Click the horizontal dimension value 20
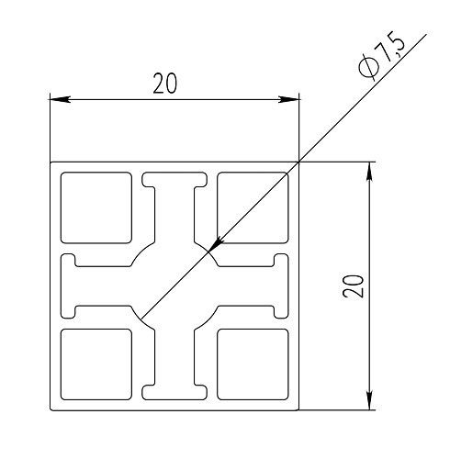[164, 84]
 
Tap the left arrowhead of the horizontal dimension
[60, 99]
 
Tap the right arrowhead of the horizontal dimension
[288, 99]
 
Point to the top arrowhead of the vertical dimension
[370, 173]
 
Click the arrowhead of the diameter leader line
[215, 244]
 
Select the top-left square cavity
[96, 207]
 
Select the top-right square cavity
[253, 207]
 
